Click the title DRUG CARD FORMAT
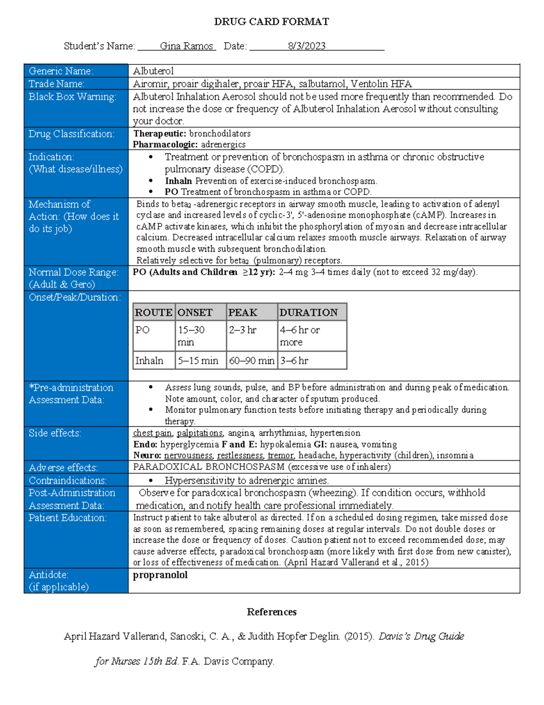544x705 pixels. point(271,22)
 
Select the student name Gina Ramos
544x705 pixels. point(186,46)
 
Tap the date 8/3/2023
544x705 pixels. point(306,46)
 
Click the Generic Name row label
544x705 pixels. point(61,71)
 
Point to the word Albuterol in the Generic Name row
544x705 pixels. point(153,71)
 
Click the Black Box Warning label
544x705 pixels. point(72,97)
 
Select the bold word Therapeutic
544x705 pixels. point(160,133)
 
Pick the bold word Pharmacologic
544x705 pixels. point(165,144)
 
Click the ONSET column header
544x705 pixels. point(195,312)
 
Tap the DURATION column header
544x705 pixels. point(308,312)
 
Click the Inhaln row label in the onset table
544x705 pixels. point(149,360)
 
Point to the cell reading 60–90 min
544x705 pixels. point(252,360)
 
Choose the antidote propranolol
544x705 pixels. point(160,575)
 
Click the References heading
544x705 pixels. point(272,612)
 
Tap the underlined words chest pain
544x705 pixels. point(152,433)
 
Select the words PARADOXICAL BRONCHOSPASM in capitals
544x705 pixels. point(209,467)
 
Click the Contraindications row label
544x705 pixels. point(68,480)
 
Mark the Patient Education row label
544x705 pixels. point(68,518)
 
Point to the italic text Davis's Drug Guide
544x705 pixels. point(421,636)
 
